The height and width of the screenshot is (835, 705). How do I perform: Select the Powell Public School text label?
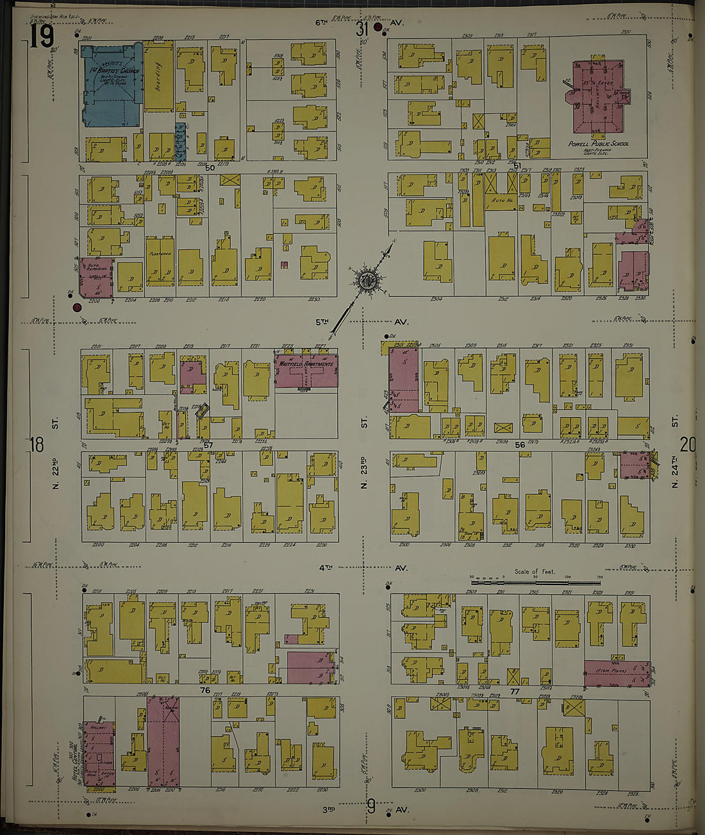click(598, 144)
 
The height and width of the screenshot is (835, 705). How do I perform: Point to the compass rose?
click(368, 279)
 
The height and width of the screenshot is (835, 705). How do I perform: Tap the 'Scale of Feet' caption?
click(535, 571)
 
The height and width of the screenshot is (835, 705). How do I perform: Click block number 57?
click(208, 444)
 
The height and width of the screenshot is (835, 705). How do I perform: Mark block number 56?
click(519, 444)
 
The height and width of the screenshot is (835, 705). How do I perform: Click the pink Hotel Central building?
click(99, 753)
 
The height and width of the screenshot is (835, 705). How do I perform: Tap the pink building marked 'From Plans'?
click(616, 674)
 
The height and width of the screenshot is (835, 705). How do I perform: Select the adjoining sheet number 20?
click(687, 444)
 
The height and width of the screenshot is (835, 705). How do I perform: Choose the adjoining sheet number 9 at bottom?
click(371, 806)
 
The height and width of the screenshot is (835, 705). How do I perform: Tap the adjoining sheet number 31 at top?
click(363, 29)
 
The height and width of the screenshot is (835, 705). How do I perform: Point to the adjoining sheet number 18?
click(37, 444)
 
